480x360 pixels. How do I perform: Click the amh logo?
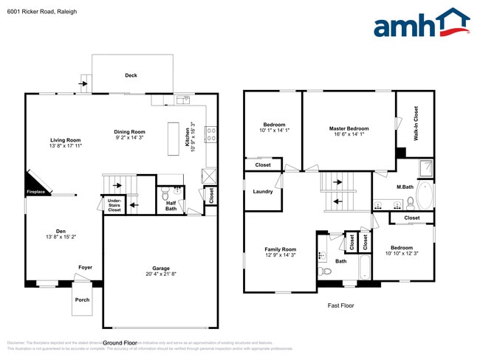[x=421, y=24]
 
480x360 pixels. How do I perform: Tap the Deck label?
[x=131, y=75]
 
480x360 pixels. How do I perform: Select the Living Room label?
[x=65, y=139]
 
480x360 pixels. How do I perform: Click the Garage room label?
[x=161, y=268]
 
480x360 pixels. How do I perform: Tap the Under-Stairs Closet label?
[x=114, y=205]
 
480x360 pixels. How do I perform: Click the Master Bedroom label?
[x=349, y=128]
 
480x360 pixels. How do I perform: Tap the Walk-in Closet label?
[x=415, y=123]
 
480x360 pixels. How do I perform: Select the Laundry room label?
[x=263, y=192]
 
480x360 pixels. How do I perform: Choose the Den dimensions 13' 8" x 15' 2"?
[x=61, y=237]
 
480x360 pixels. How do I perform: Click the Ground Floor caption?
[x=120, y=342]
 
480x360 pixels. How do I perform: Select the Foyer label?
[x=86, y=267]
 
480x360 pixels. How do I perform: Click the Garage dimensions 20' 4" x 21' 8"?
[x=161, y=274]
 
